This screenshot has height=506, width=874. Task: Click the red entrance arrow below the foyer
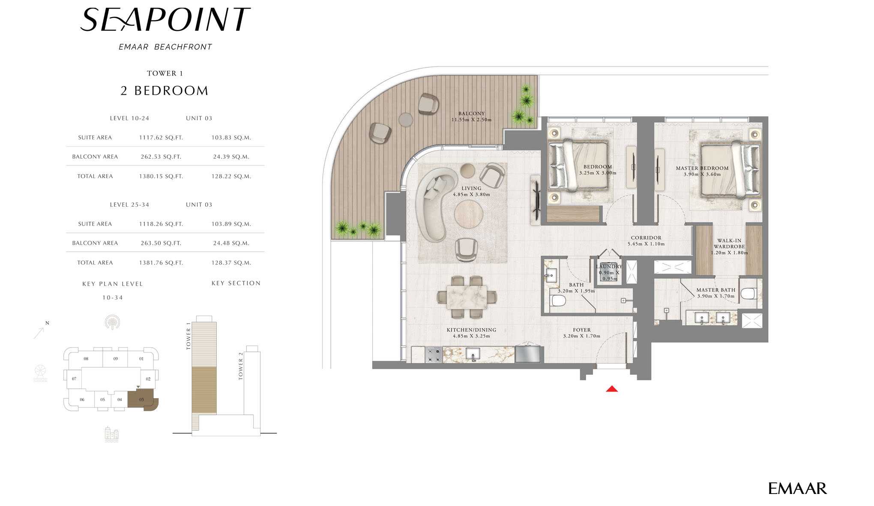[x=612, y=389]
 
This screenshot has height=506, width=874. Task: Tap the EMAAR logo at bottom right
[x=797, y=488]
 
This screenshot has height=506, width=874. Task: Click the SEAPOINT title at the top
[x=165, y=20]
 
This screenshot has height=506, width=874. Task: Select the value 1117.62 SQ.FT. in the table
[x=161, y=138]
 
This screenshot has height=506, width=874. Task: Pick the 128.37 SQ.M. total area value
[x=231, y=263]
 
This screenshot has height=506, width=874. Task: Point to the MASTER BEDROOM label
[x=702, y=168]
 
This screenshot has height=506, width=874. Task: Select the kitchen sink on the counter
[x=473, y=354]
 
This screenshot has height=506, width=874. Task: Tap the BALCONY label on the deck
[x=471, y=114]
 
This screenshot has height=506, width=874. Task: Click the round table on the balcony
[x=406, y=119]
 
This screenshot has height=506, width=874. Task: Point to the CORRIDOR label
[x=646, y=238]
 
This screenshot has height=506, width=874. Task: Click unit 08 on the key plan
[x=86, y=359]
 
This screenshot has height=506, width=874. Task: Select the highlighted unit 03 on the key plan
[x=143, y=400]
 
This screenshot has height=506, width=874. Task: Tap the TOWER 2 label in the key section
[x=241, y=366]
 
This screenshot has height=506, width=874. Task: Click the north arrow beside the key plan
[x=39, y=333]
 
